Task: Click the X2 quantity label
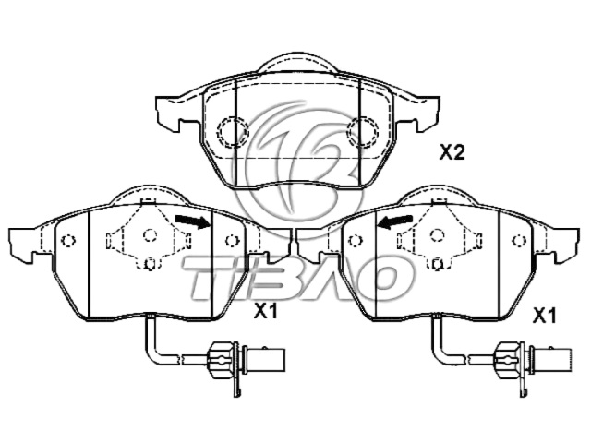pyautogui.click(x=451, y=152)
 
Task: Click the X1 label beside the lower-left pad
pyautogui.click(x=266, y=313)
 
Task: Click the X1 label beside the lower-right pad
pyautogui.click(x=545, y=316)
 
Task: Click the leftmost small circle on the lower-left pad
pyautogui.click(x=66, y=242)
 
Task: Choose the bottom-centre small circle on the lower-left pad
pyautogui.click(x=150, y=264)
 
